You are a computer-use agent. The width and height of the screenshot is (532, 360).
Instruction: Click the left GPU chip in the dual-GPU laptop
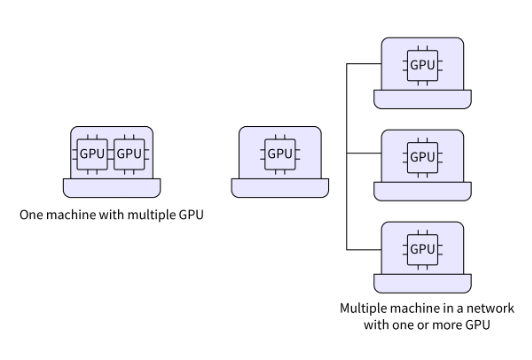coord(93,154)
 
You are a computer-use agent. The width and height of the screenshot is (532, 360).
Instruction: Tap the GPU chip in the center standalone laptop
coord(280,154)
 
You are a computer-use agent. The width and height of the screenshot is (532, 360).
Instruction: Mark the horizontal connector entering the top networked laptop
coord(364,64)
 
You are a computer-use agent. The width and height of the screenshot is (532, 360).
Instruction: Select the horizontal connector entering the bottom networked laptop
coord(364,249)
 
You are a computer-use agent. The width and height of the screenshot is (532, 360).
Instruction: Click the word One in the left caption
coord(32,214)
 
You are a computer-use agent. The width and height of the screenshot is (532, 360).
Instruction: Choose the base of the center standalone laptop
coord(280,187)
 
